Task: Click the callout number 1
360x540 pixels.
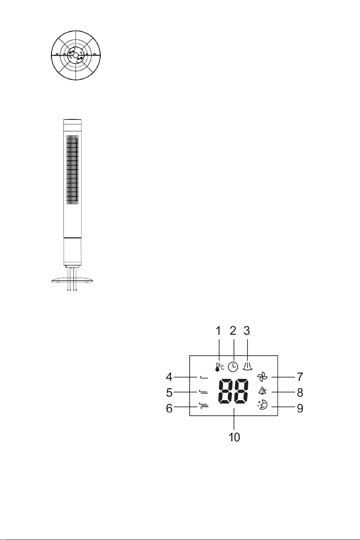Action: click(x=218, y=331)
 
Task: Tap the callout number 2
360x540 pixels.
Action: click(x=233, y=331)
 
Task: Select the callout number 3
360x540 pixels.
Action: click(x=247, y=331)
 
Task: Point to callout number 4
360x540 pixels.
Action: click(x=169, y=377)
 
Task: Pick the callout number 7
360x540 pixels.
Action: click(x=300, y=377)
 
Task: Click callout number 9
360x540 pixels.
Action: click(x=300, y=408)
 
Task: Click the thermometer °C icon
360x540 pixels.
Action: click(x=219, y=367)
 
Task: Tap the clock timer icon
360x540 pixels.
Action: click(x=233, y=367)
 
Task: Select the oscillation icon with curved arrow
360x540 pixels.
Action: click(x=247, y=366)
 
